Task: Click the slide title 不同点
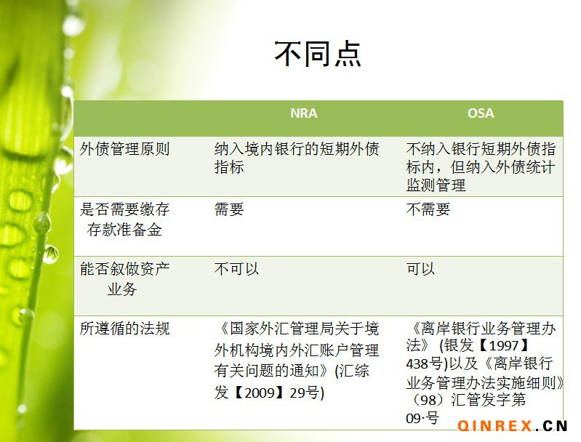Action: [x=318, y=54]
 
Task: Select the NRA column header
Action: [x=303, y=113]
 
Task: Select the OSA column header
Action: [x=481, y=113]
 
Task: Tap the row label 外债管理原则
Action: [x=124, y=149]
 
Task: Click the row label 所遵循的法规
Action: [x=124, y=329]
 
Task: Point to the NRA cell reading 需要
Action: [x=229, y=209]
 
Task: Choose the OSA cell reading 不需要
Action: [x=428, y=209]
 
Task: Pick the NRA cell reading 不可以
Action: [x=236, y=269]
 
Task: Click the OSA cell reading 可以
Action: [x=420, y=269]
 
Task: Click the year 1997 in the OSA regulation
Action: [x=504, y=345]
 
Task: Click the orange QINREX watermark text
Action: [x=494, y=426]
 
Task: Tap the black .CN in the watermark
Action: [x=552, y=426]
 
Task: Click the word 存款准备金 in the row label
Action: [x=124, y=230]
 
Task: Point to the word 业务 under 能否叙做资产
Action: [x=122, y=289]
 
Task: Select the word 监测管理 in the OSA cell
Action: [x=436, y=185]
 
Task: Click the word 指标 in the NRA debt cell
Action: [x=229, y=167]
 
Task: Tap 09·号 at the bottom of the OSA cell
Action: [x=422, y=418]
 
